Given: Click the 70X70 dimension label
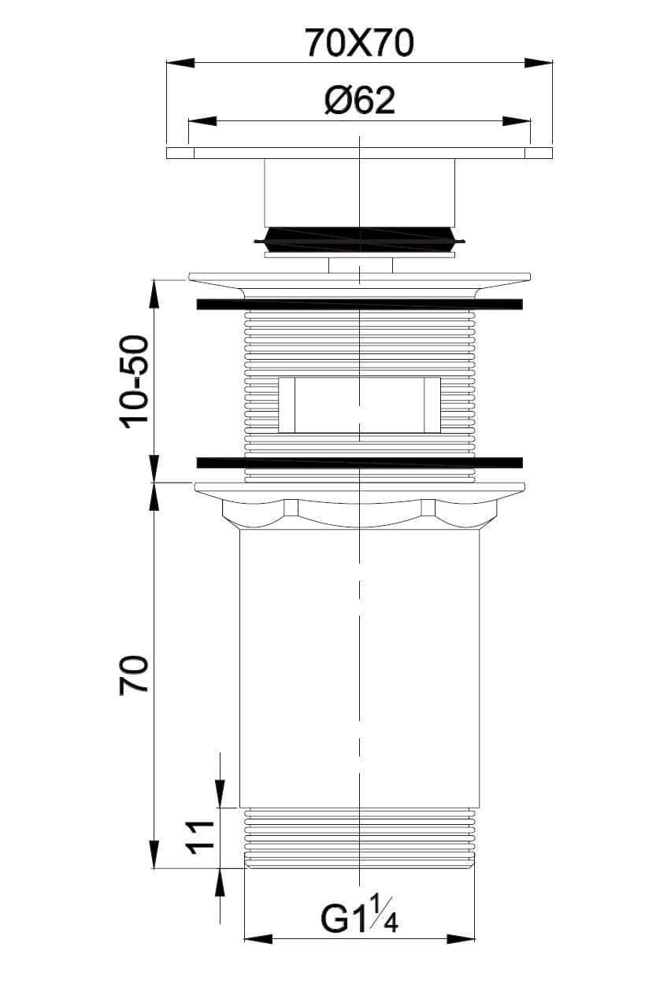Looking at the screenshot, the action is tap(359, 43).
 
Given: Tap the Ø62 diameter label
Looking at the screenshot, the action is tap(359, 100).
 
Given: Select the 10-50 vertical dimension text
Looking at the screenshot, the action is tap(134, 382).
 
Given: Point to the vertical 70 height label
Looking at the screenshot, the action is tap(134, 675).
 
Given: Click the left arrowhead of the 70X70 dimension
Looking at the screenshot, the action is tap(180, 63).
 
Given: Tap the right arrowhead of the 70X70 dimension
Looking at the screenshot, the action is tap(538, 63).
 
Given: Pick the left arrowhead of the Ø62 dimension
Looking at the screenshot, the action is tap(202, 120).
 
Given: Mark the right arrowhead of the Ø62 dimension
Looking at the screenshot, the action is tap(517, 120).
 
